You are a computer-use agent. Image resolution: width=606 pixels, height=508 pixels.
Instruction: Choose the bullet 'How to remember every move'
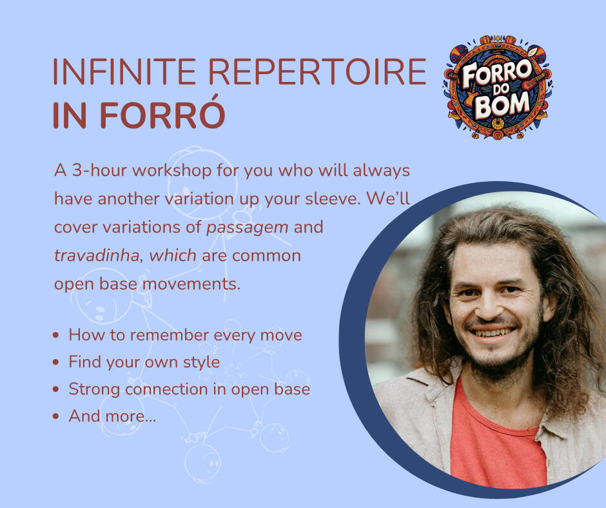(x=185, y=335)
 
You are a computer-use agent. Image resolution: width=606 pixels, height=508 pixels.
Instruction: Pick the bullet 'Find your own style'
(x=144, y=362)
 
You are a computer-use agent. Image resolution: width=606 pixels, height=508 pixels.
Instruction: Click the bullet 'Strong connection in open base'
(x=189, y=389)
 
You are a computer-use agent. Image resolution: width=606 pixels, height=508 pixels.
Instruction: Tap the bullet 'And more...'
(x=112, y=416)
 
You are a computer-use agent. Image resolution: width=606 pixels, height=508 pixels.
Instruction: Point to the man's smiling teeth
(x=493, y=333)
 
